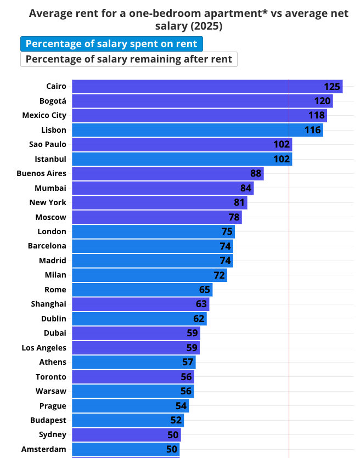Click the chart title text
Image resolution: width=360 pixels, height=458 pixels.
click(x=188, y=19)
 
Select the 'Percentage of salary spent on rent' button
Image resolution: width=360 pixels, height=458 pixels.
click(x=111, y=44)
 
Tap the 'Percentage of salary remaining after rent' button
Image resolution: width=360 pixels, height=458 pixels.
click(x=129, y=59)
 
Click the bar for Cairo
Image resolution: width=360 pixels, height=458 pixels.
click(x=198, y=87)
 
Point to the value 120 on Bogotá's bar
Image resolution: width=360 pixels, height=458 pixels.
click(x=323, y=101)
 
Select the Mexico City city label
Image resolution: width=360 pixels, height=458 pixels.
click(x=44, y=115)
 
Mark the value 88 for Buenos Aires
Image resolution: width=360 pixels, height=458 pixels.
click(x=256, y=173)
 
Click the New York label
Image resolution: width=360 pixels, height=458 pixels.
click(x=48, y=202)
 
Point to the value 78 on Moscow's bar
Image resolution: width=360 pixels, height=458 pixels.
click(x=234, y=217)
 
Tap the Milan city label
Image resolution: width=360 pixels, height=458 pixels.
click(x=55, y=275)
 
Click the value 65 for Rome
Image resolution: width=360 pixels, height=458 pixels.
click(x=205, y=290)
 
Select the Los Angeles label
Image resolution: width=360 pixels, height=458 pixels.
click(x=44, y=348)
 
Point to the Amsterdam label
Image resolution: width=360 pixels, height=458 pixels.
click(x=44, y=449)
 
